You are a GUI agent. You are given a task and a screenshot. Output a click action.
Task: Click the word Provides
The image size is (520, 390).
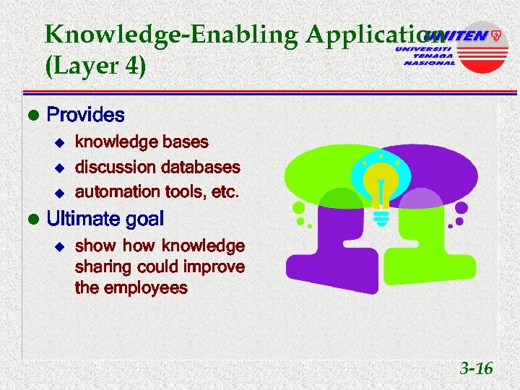[x=85, y=115]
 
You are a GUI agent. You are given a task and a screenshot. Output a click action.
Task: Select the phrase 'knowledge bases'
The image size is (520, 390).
[x=142, y=142]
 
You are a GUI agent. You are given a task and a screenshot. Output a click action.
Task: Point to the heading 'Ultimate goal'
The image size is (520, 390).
[x=105, y=219]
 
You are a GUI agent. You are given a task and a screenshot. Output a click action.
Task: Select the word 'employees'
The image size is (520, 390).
[x=147, y=288]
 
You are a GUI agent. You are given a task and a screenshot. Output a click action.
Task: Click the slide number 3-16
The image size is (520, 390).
[x=476, y=369]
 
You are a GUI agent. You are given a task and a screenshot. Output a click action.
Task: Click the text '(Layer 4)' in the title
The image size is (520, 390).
[x=95, y=66]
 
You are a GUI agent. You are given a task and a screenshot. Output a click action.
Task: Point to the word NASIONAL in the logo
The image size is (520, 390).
[x=429, y=63]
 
